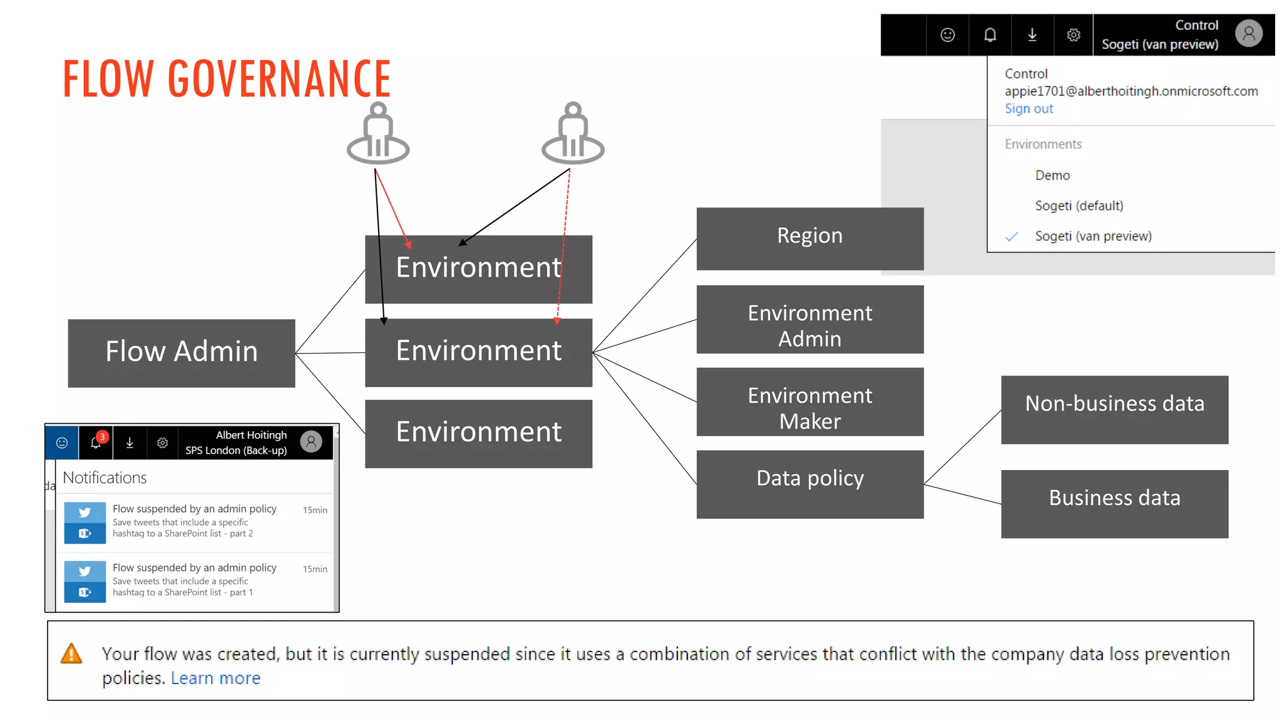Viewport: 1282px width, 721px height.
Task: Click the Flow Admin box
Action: point(182,353)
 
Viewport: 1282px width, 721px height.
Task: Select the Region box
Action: point(809,238)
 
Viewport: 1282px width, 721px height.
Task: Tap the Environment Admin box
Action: point(809,319)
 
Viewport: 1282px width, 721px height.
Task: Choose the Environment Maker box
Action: point(809,402)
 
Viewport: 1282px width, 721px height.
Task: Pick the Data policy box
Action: point(809,484)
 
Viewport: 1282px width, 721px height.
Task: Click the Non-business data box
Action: point(1114,409)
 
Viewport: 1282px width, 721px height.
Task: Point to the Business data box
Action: point(1114,504)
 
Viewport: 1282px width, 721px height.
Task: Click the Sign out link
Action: point(1028,109)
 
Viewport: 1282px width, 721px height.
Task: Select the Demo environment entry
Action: point(1052,175)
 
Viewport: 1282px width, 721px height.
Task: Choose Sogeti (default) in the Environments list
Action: point(1079,206)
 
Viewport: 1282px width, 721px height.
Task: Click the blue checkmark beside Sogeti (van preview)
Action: point(1012,237)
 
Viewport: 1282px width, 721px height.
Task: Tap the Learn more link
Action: point(215,678)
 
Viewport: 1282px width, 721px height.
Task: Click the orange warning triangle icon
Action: point(71,654)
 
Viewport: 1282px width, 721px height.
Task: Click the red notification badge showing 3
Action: point(102,437)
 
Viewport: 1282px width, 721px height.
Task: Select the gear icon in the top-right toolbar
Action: point(1074,35)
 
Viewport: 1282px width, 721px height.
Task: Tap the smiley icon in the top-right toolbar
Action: point(948,35)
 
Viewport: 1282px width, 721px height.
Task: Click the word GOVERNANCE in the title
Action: point(279,79)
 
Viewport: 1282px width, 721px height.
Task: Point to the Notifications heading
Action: point(105,478)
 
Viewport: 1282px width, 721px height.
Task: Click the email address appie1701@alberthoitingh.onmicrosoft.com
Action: point(1131,91)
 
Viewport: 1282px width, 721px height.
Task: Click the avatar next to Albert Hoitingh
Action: point(311,441)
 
